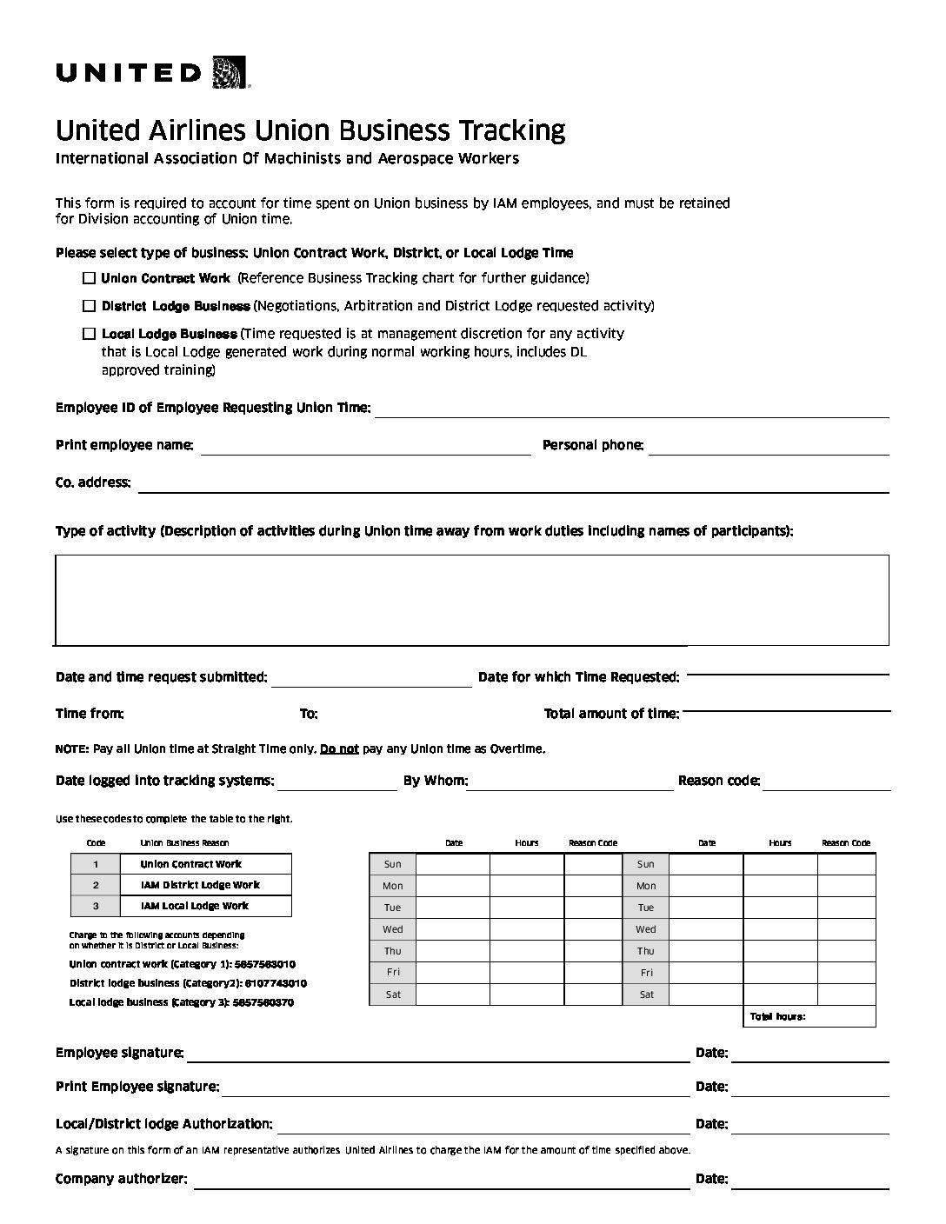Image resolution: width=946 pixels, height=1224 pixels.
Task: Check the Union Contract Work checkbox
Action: point(89,278)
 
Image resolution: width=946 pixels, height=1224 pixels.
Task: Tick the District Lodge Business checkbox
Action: point(89,306)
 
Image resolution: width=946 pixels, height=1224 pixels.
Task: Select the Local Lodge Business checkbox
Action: point(89,334)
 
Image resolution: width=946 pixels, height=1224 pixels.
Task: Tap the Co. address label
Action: point(93,482)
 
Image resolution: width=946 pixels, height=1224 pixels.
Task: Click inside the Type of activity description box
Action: point(471,600)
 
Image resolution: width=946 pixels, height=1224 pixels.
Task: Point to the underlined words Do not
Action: point(339,748)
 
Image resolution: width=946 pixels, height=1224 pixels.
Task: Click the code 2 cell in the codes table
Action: point(96,885)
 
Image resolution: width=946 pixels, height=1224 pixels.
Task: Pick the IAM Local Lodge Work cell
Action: point(195,906)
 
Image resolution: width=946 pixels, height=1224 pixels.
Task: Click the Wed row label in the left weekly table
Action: point(392,929)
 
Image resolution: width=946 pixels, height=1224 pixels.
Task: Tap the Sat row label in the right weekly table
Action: point(646,994)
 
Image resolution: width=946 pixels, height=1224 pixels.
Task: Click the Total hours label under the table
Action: point(777,1016)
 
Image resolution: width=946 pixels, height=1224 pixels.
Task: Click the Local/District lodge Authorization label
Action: point(163,1124)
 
